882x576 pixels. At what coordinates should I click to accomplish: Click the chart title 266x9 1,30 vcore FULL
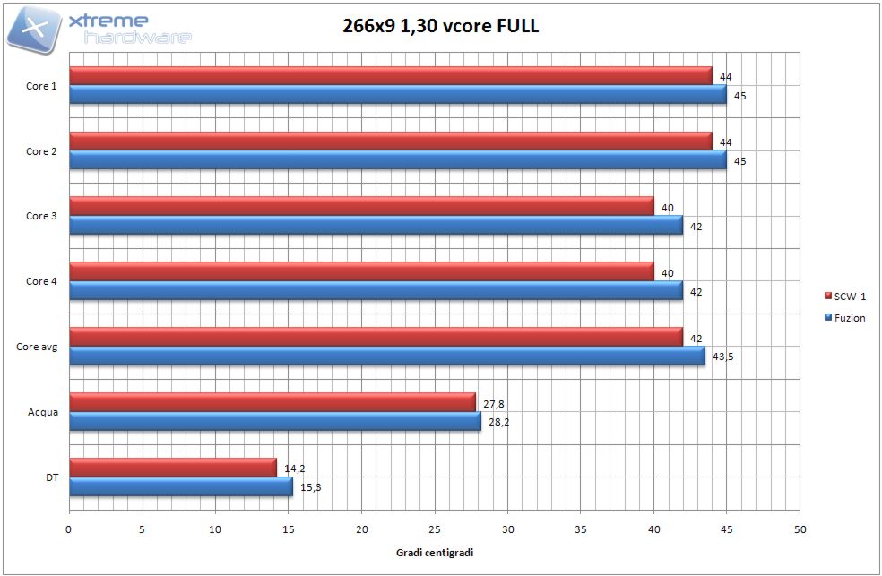(x=440, y=26)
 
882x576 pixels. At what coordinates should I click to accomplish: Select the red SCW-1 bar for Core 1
(x=390, y=75)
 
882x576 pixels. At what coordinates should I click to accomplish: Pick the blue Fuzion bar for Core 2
(x=397, y=160)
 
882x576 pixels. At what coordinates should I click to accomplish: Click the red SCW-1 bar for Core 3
(x=361, y=205)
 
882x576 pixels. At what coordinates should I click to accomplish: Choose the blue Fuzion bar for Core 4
(x=376, y=290)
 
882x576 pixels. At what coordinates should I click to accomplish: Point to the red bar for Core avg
(x=376, y=336)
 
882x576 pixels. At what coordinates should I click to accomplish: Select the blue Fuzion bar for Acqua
(x=274, y=421)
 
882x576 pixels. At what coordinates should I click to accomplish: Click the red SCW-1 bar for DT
(x=172, y=467)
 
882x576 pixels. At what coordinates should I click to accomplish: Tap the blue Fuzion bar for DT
(x=180, y=486)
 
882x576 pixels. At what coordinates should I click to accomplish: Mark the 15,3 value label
(x=309, y=487)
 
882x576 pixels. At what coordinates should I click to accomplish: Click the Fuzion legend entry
(x=845, y=317)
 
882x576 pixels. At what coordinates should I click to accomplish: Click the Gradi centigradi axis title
(x=435, y=553)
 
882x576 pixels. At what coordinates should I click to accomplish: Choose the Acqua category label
(x=43, y=412)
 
